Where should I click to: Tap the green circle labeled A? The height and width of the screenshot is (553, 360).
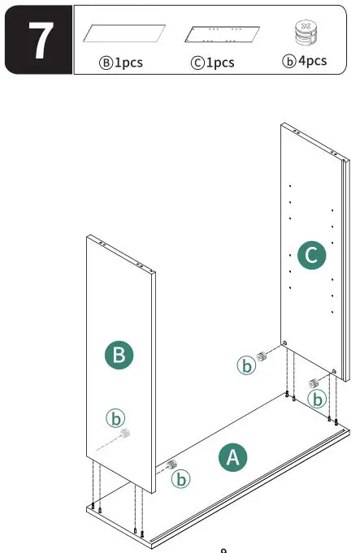tap(234, 458)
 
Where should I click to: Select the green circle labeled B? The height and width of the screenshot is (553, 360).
tap(119, 354)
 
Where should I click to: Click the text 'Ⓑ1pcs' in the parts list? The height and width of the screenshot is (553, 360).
tap(121, 63)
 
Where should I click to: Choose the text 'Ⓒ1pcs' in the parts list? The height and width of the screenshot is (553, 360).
tap(213, 63)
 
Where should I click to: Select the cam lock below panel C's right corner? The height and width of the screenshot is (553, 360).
tap(313, 382)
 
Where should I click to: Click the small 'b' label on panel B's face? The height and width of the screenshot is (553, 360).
tap(117, 418)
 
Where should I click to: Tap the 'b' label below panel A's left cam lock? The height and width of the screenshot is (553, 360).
tap(181, 479)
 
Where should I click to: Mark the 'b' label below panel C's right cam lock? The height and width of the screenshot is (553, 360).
tap(318, 400)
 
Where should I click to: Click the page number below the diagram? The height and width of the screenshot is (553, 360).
tap(223, 550)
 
